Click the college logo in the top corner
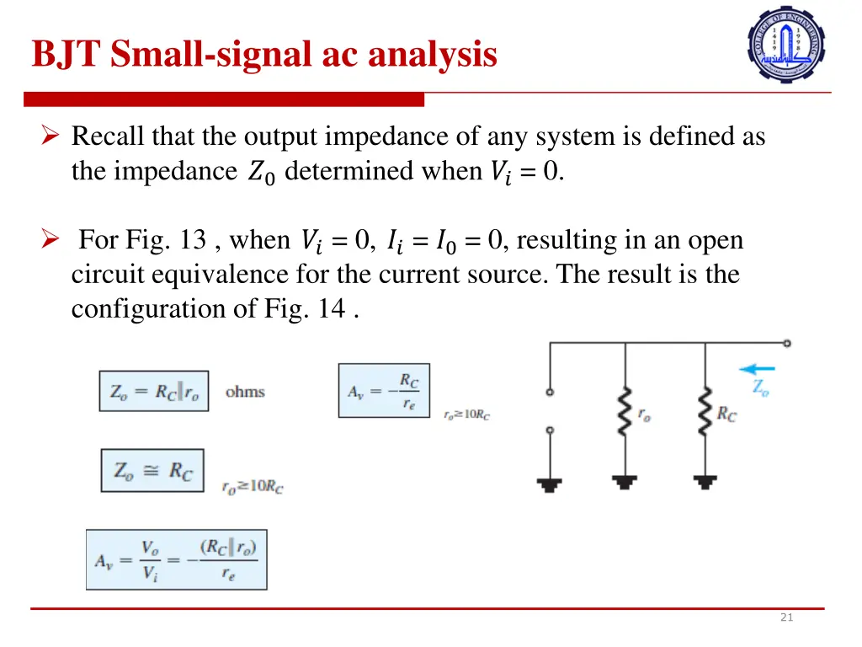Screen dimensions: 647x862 pos(786,44)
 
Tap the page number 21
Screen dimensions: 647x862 pos(786,618)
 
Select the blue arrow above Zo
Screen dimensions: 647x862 pos(757,368)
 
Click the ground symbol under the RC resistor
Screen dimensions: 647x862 pos(705,482)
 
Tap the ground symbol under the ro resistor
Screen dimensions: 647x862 pos(625,482)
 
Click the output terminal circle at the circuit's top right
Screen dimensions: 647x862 pos(786,343)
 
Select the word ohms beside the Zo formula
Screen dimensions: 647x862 pos(245,392)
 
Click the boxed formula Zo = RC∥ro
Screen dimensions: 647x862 pos(154,392)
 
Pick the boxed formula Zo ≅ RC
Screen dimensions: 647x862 pos(152,470)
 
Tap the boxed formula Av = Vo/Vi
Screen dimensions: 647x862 pos(177,559)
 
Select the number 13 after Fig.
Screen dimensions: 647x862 pos(193,240)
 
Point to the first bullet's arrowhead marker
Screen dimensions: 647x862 pos(50,136)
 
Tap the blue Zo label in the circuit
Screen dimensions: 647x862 pos(759,388)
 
